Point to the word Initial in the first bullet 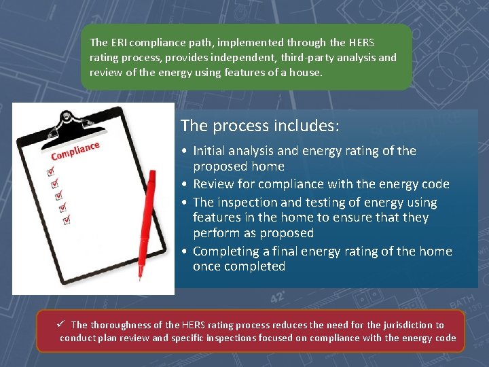point(211,151)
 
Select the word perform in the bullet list point(215,233)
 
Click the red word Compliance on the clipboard point(75,151)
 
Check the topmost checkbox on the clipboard point(48,173)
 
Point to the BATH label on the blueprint point(465,299)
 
